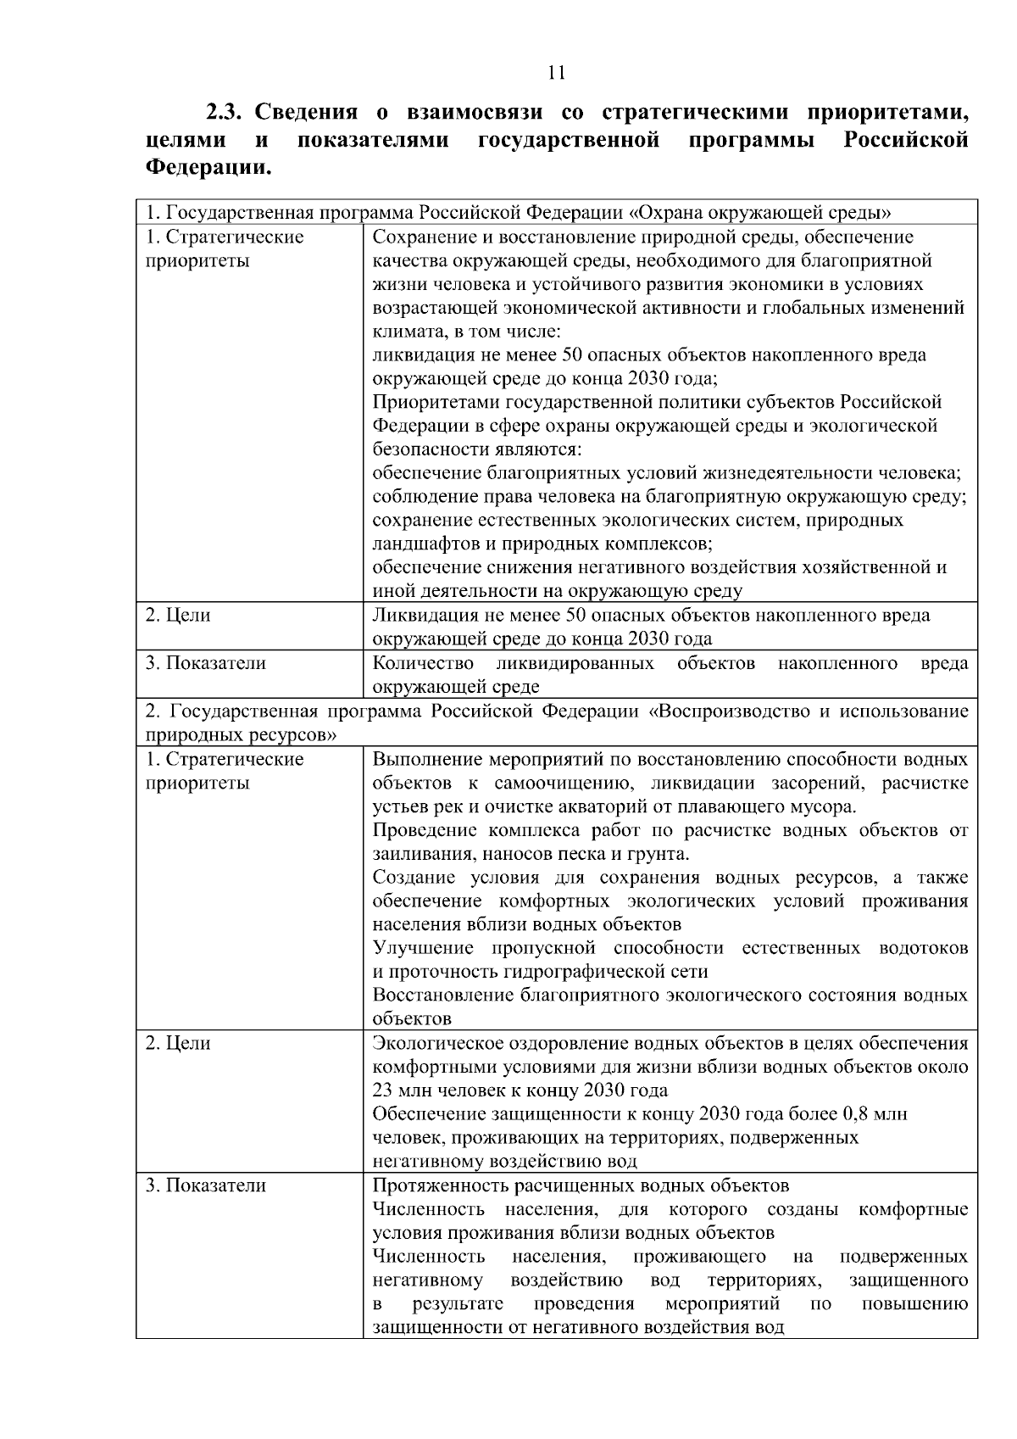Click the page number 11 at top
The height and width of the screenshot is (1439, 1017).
[557, 72]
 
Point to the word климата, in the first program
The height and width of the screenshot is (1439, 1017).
[405, 332]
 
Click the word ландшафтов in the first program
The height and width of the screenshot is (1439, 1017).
[416, 544]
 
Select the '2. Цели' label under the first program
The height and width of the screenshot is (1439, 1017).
[178, 616]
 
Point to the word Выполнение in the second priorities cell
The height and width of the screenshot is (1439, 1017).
[422, 759]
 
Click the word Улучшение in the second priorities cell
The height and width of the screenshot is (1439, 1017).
[419, 948]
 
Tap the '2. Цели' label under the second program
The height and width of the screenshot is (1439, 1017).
[178, 1043]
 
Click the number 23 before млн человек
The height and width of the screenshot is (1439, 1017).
[382, 1090]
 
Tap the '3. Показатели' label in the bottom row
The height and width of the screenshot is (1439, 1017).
[205, 1185]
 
